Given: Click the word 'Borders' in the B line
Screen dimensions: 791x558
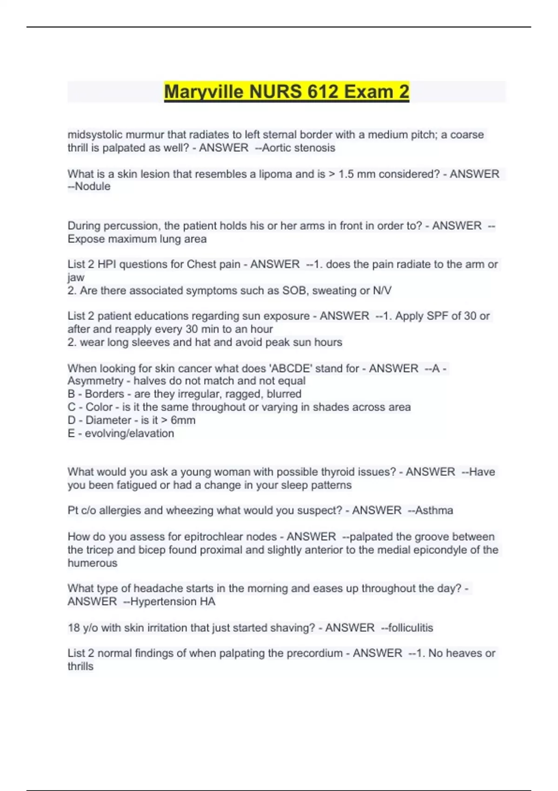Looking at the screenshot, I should pos(104,394).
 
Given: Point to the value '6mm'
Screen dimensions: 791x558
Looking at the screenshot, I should pos(183,420).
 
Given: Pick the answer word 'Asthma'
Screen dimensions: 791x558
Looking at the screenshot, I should pos(434,510).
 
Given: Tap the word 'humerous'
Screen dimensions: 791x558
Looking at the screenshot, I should pos(93,563).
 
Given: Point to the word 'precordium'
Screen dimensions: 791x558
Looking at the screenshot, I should pos(314,653).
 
